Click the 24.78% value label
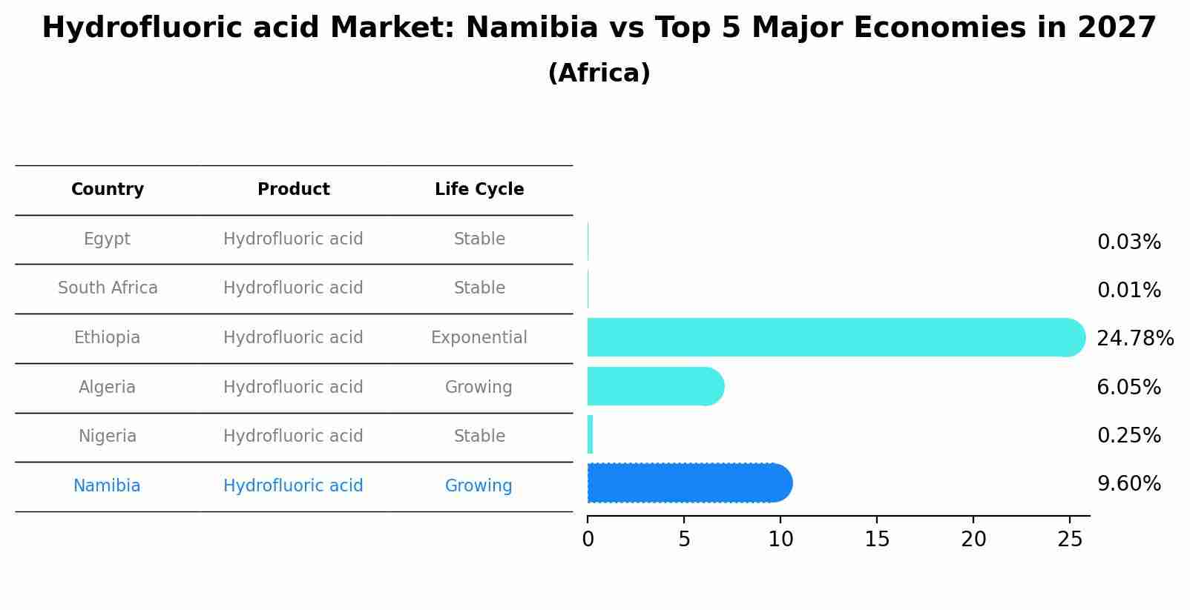tap(1134, 339)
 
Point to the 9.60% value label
tap(1128, 484)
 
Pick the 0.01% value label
tap(1128, 291)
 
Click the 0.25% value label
tap(1128, 436)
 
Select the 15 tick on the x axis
tap(877, 540)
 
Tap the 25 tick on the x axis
tap(1070, 540)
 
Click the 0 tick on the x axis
tap(588, 540)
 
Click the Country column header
tap(108, 190)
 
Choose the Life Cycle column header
tap(479, 190)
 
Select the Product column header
tap(293, 190)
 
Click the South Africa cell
tap(108, 288)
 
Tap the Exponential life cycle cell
tap(479, 338)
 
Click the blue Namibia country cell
tap(107, 486)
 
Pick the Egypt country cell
tap(107, 239)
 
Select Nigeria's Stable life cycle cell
tap(479, 437)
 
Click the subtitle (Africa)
tap(599, 73)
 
